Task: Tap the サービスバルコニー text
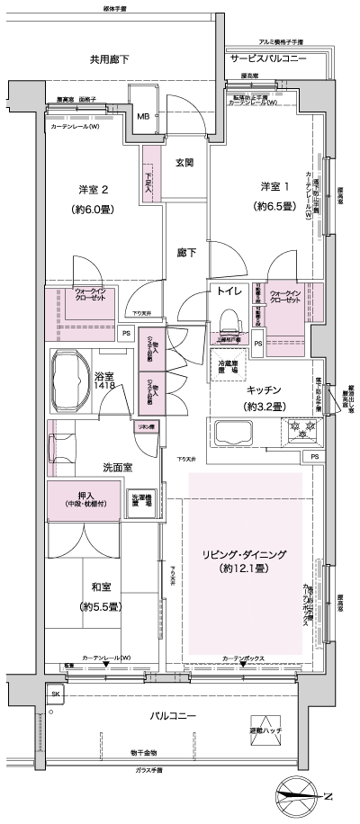(268, 58)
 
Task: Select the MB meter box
(143, 116)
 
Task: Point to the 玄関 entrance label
(184, 163)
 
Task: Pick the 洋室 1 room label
(275, 185)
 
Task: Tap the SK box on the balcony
(55, 696)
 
